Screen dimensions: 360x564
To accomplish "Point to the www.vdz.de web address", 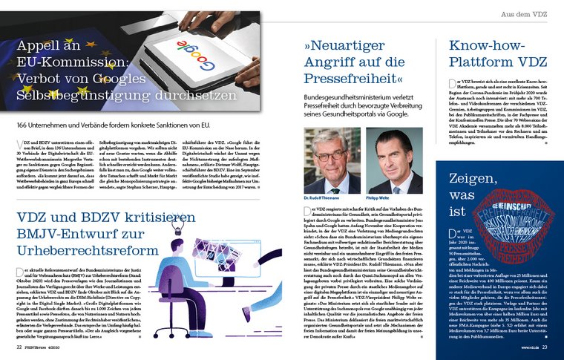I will click(x=525, y=346).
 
